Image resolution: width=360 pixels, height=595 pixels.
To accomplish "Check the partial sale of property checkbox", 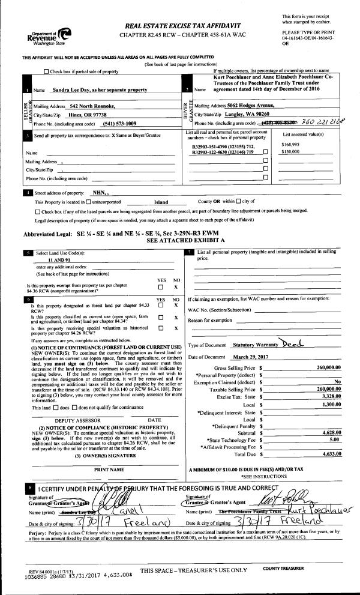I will click(47, 72).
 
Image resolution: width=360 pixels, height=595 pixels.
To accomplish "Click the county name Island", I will click(161, 202).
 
